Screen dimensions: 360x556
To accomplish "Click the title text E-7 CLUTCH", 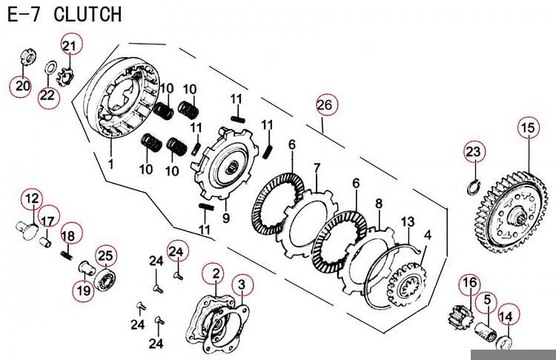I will pos(64,14).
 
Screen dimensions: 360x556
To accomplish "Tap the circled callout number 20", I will pos(21,86).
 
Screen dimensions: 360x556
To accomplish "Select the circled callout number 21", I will pos(69,47).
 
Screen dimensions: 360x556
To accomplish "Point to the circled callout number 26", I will pos(325,106).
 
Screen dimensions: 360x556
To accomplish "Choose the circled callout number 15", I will pos(527,128).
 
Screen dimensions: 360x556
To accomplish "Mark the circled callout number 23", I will pos(474,152).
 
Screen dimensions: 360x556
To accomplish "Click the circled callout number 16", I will pos(469,283).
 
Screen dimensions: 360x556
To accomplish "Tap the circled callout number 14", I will pos(506,316).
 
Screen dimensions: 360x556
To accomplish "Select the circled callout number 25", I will pos(105,256).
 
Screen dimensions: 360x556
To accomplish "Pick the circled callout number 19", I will pos(83,290).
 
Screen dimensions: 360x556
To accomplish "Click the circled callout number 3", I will pos(240,284).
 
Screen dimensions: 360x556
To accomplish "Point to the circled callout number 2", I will pos(215,274).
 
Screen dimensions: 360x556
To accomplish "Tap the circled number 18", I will pos(67,235).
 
